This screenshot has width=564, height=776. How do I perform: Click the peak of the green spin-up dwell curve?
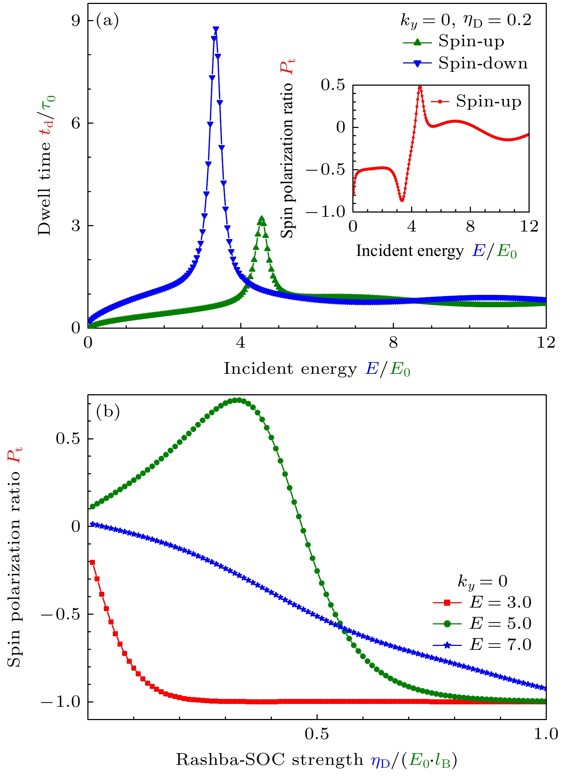[x=262, y=219]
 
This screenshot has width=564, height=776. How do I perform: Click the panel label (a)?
[x=107, y=20]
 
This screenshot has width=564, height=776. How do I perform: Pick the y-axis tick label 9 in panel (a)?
[x=76, y=21]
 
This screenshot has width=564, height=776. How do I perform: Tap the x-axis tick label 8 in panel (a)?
[x=393, y=343]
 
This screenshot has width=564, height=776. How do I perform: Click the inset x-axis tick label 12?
[x=529, y=227]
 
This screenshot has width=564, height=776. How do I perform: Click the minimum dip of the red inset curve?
[x=402, y=200]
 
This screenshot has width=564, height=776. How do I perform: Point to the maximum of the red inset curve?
[x=420, y=87]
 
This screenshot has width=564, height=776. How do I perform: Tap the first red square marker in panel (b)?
[x=92, y=562]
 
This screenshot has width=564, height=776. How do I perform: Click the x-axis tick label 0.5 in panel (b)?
[x=317, y=734]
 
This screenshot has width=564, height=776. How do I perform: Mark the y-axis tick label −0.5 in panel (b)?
[x=60, y=614]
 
